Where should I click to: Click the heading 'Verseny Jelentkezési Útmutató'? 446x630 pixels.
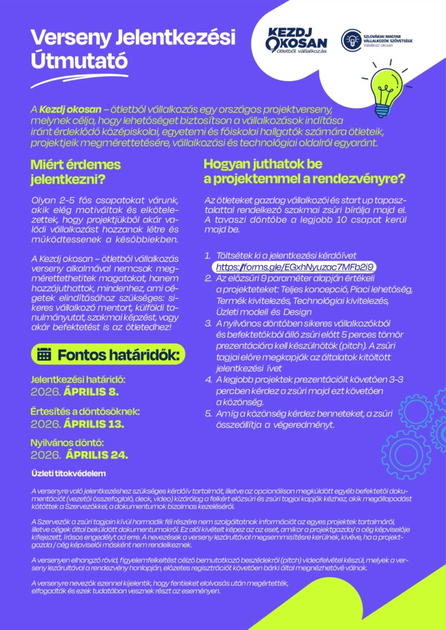tap(132, 49)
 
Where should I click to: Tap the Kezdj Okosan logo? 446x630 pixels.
tap(296, 41)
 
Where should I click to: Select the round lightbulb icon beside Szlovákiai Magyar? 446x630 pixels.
tap(352, 39)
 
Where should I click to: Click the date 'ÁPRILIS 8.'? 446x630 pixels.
tap(92, 391)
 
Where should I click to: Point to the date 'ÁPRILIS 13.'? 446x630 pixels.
tap(95, 424)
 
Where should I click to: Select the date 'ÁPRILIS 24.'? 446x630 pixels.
tap(97, 455)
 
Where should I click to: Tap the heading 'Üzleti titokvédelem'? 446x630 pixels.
tap(69, 474)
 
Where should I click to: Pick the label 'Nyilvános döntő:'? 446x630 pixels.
tap(67, 443)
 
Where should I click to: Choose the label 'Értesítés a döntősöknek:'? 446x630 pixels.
tap(85, 412)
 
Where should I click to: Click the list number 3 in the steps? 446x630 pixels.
tap(207, 323)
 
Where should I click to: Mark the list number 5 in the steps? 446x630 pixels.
tap(207, 413)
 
